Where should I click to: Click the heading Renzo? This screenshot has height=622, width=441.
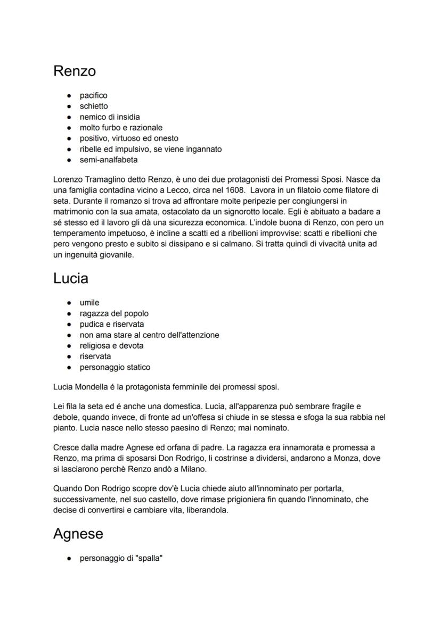pos(75,71)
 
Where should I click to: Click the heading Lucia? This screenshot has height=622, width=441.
pos(71,278)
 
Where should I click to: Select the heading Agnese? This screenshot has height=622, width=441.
pos(78,534)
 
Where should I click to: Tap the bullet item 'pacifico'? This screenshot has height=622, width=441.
pos(93,95)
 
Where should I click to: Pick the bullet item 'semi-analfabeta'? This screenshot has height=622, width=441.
pos(109,160)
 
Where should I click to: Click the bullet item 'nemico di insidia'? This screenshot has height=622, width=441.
pos(110,117)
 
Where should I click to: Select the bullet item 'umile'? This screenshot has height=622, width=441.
pos(89,303)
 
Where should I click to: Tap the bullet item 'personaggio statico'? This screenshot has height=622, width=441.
pos(115,367)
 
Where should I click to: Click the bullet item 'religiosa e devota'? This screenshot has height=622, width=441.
pos(111,345)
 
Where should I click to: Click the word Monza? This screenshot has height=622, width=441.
pos(345,458)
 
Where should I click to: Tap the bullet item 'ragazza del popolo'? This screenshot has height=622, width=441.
pos(114,313)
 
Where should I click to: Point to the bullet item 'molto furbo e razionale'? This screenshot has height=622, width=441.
pos(121,128)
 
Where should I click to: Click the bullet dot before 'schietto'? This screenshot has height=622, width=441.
pos(69,106)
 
